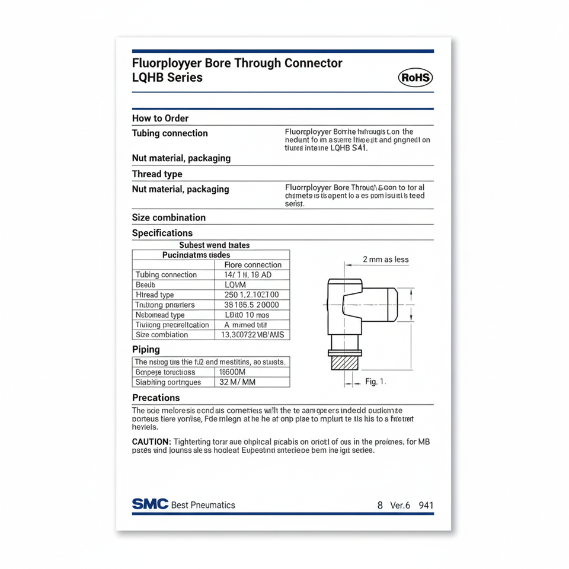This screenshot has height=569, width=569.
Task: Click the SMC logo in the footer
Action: tap(150, 504)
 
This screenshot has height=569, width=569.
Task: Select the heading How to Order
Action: tap(160, 118)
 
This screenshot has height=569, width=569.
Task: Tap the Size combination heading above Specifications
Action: tap(169, 218)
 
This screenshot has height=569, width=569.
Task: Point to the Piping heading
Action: tap(146, 350)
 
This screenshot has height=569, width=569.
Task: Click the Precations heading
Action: tap(156, 398)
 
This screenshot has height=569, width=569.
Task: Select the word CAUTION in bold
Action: tap(151, 442)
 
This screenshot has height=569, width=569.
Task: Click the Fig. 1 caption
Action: tap(375, 382)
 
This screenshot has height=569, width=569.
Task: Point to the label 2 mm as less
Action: tap(385, 260)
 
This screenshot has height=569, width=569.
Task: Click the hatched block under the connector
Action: tap(344, 362)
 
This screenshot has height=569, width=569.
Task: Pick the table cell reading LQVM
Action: tap(236, 285)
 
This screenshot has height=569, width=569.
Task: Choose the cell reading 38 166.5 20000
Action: tap(251, 305)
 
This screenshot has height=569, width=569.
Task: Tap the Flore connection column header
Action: tap(254, 265)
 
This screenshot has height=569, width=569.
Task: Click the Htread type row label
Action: tap(155, 295)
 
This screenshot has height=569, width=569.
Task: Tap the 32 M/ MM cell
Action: tap(237, 382)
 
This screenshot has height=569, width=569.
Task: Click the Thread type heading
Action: tap(157, 174)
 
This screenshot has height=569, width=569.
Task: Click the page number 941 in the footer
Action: tap(426, 506)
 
